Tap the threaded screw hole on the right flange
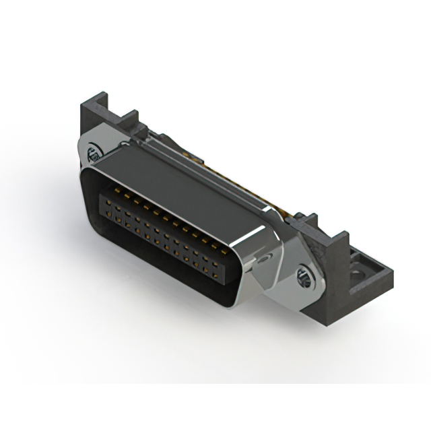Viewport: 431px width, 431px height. tap(303, 275)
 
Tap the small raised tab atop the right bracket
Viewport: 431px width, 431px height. tap(311, 218)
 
